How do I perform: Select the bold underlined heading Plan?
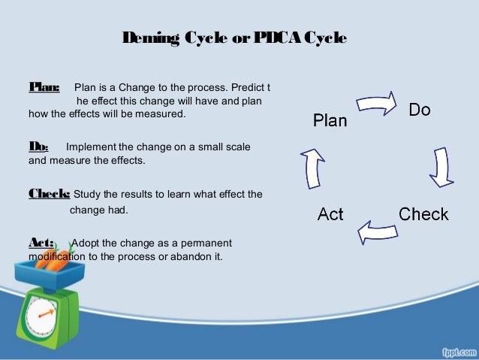tap(44, 88)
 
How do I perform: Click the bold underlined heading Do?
tap(38, 147)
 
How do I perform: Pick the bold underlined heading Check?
tap(50, 193)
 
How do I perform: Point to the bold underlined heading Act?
tap(41, 242)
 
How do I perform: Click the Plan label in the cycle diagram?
tap(330, 120)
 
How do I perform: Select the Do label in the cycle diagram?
tap(420, 110)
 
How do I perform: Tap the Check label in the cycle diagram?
tap(423, 214)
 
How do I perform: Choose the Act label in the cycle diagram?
tap(330, 215)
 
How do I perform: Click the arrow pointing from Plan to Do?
tap(375, 101)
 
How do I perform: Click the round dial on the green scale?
tap(35, 316)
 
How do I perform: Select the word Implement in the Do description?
tap(93, 147)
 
